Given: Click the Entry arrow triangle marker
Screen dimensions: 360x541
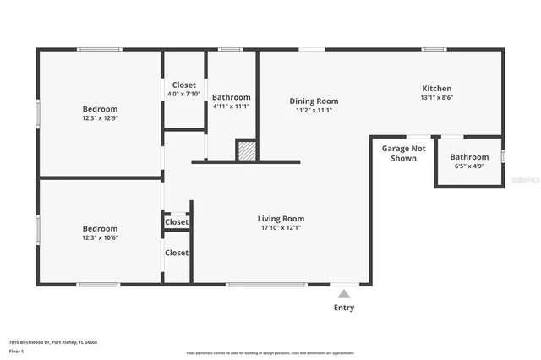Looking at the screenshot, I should pyautogui.click(x=343, y=294).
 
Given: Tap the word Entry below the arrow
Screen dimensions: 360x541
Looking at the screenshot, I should pyautogui.click(x=343, y=308).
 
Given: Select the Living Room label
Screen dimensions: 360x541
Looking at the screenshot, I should pyautogui.click(x=281, y=219).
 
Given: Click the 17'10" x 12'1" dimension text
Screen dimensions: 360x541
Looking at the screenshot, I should pyautogui.click(x=281, y=228).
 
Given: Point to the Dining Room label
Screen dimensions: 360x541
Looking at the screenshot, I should pyautogui.click(x=314, y=101).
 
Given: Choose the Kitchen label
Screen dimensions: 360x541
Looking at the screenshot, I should pyautogui.click(x=436, y=88).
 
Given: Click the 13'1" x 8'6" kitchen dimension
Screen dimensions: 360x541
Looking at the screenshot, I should pyautogui.click(x=436, y=98).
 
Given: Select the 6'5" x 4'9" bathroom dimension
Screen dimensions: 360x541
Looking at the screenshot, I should pyautogui.click(x=468, y=166).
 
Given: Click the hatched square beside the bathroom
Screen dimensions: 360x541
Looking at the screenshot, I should pyautogui.click(x=245, y=150).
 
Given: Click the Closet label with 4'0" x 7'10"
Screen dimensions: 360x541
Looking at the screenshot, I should pyautogui.click(x=183, y=85).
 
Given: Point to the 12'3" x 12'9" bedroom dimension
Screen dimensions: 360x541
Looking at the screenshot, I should pyautogui.click(x=100, y=118).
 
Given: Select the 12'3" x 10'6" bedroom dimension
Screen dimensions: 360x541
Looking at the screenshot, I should pyautogui.click(x=100, y=238).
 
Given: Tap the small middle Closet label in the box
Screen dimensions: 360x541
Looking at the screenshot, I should pyautogui.click(x=177, y=222).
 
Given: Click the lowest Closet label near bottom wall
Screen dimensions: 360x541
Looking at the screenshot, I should pyautogui.click(x=177, y=253).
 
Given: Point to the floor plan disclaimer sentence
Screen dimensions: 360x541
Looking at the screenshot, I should pyautogui.click(x=270, y=352).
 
